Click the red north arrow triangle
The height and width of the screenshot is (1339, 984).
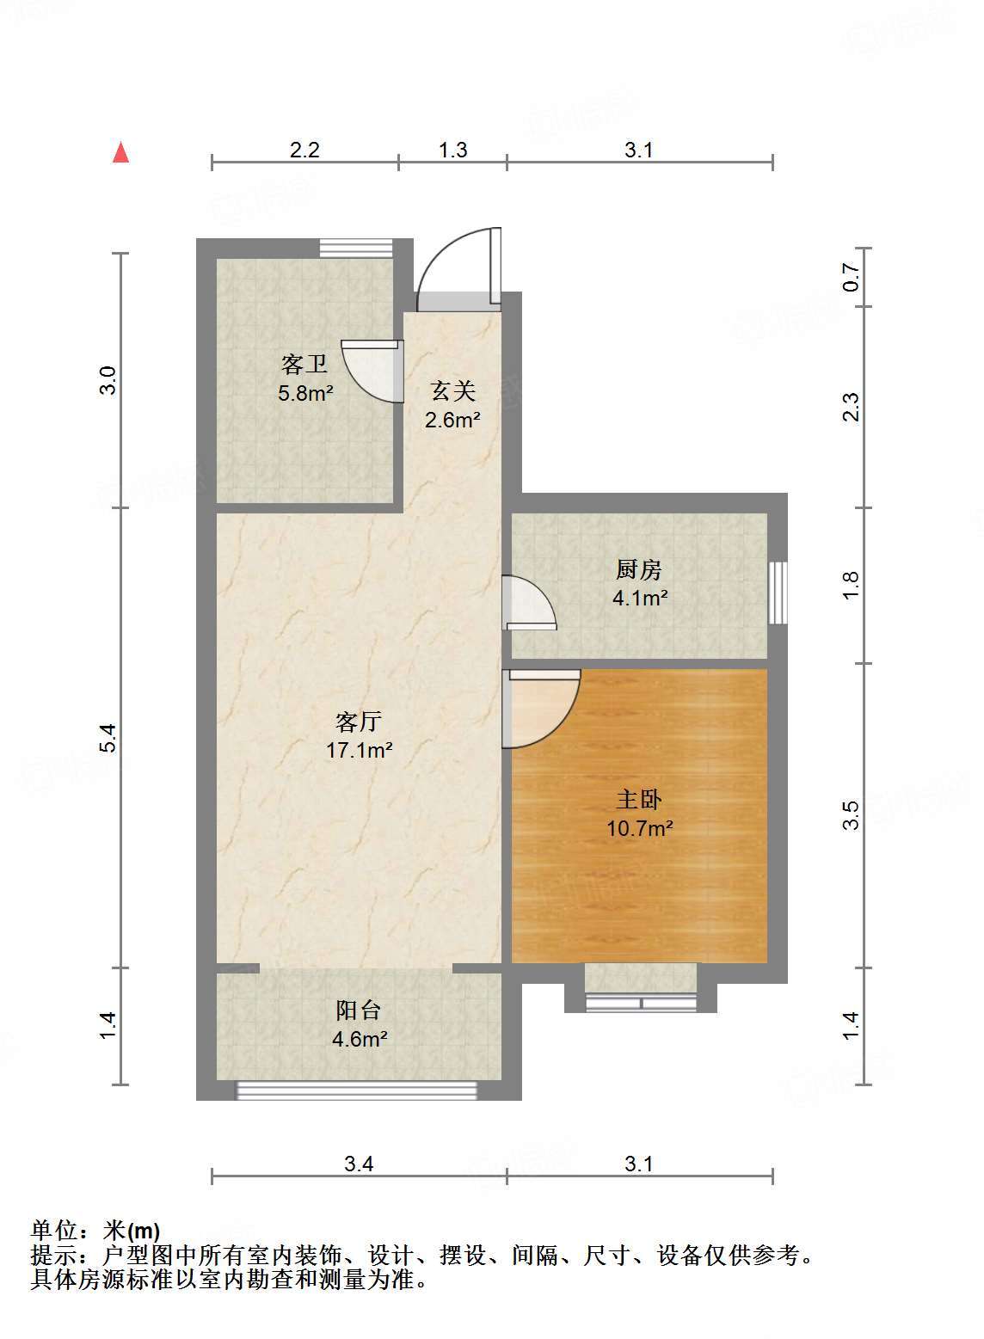tap(121, 153)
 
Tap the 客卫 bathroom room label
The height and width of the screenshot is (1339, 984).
tap(304, 365)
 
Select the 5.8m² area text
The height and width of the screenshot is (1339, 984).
tap(304, 394)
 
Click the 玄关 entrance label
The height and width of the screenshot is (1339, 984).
tap(452, 391)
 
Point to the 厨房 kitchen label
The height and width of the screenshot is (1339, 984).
tap(638, 568)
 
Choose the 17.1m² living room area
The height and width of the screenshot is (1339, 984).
tap(359, 750)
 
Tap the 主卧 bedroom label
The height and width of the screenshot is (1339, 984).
tap(638, 800)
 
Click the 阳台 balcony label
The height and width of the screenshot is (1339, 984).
tap(359, 1010)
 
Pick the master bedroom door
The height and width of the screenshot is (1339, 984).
tap(540, 707)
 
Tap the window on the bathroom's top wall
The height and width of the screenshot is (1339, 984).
tap(355, 248)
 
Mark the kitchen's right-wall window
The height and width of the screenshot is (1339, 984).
tap(778, 593)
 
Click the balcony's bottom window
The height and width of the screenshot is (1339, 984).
tap(357, 1090)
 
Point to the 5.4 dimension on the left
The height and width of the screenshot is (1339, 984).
tap(107, 738)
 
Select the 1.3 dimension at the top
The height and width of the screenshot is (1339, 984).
tap(452, 150)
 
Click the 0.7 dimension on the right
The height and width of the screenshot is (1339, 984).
tap(852, 277)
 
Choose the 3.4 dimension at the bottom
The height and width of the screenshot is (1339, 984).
tap(359, 1164)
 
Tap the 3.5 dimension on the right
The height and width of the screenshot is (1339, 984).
tap(852, 814)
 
